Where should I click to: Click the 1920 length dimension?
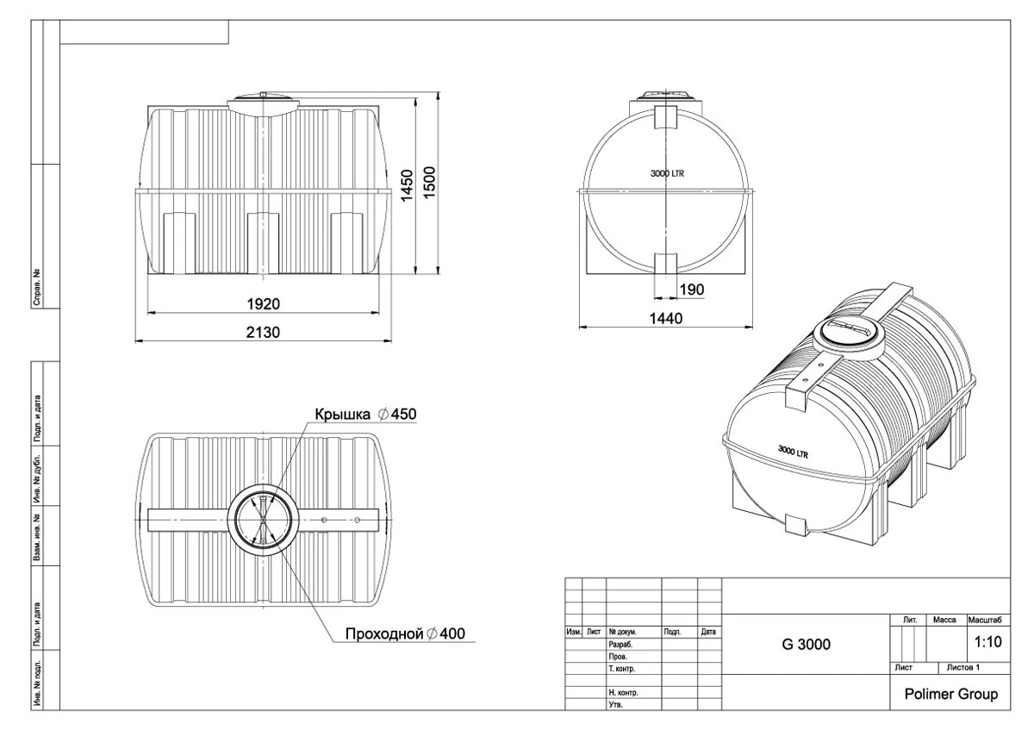point(263,304)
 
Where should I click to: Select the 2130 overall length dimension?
point(263,332)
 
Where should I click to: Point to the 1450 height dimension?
point(407,185)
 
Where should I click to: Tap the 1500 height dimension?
point(429,183)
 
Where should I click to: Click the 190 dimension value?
point(692,290)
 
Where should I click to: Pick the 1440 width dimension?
point(665,318)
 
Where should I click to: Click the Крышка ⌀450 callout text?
point(365,414)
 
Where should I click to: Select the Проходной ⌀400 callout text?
point(405,633)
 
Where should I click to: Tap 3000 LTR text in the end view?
point(667,173)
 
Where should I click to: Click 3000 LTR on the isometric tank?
point(793,452)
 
